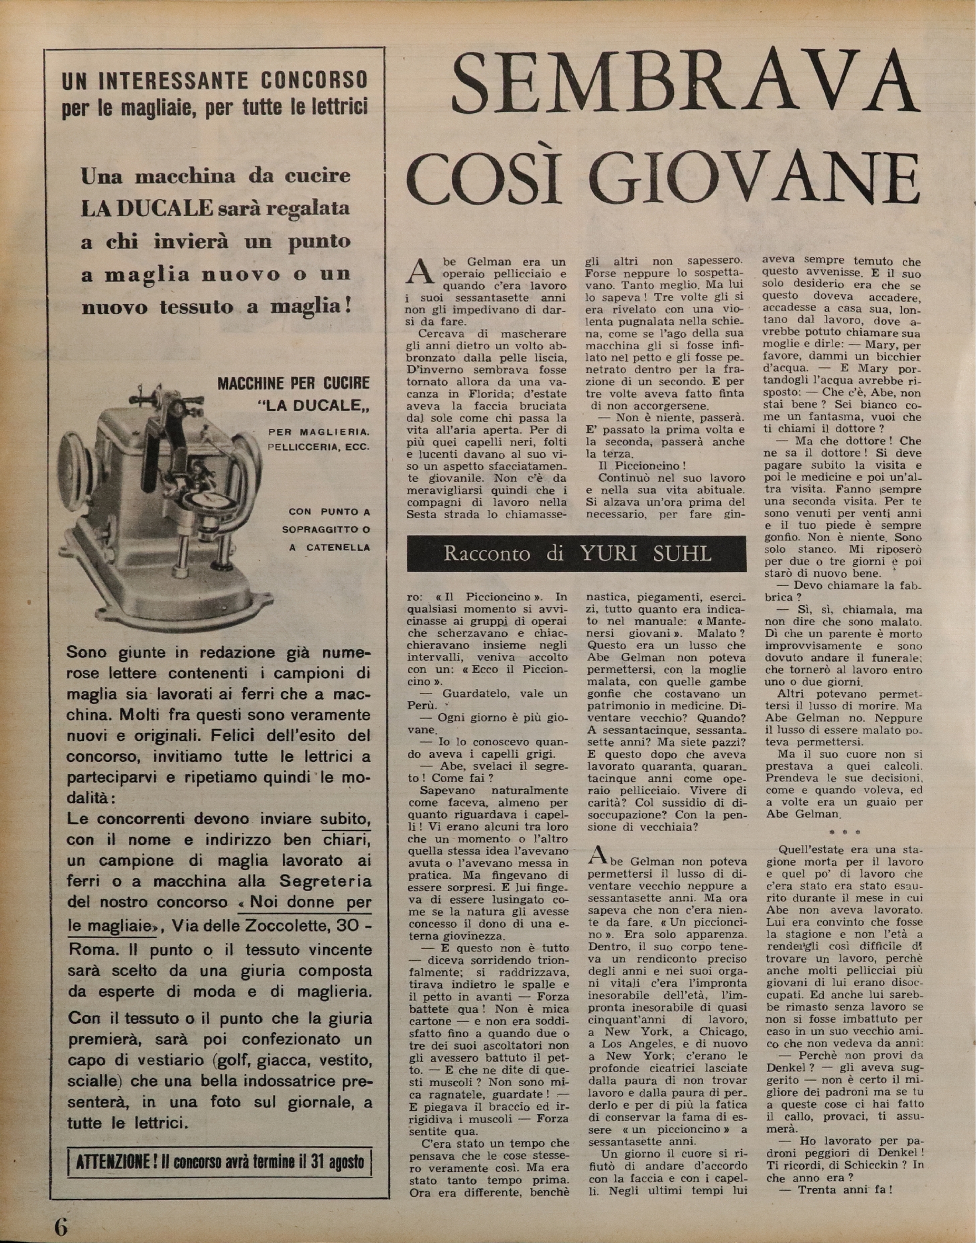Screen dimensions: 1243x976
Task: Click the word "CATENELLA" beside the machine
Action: point(338,547)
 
